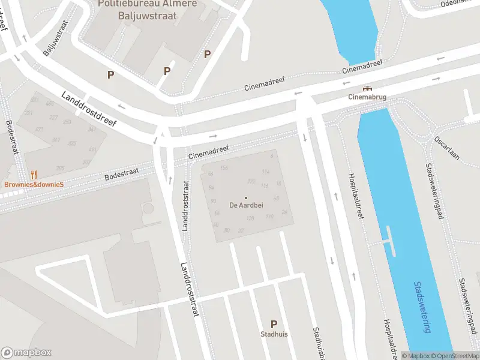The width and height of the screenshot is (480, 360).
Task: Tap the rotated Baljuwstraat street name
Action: [55, 37]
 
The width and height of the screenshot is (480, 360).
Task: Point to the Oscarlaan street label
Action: [448, 146]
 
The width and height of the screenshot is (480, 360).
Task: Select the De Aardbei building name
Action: [245, 205]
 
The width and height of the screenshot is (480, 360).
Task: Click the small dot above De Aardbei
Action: [245, 197]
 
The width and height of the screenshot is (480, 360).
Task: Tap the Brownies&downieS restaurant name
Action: [34, 184]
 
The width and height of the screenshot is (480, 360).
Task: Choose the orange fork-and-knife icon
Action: [34, 175]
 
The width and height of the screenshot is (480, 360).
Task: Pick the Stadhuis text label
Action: [274, 334]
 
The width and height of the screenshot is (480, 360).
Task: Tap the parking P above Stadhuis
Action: [274, 324]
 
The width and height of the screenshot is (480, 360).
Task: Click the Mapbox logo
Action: [26, 353]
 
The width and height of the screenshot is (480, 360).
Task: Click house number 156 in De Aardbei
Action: [224, 167]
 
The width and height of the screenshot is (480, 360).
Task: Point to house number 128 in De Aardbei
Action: [250, 218]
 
